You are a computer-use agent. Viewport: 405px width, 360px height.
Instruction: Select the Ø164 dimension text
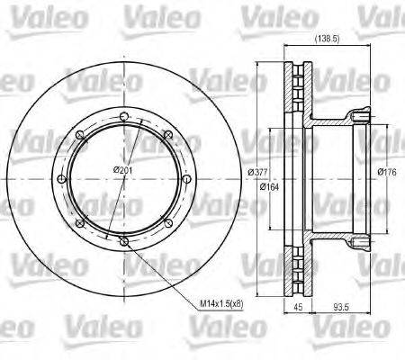pos(268,187)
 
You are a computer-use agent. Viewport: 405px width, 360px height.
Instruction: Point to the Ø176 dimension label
pos(387,172)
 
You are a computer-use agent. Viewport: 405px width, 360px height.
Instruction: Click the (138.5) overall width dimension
pos(326,39)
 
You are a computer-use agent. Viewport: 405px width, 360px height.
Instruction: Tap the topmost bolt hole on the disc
pos(123,115)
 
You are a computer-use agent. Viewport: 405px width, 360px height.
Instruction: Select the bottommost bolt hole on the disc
pos(123,241)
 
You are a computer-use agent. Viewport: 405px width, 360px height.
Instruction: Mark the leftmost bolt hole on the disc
pos(60,178)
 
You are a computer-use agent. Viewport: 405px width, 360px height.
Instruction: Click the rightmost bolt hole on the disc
pos(186,178)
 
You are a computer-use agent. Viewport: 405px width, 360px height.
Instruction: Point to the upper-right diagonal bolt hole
pos(167,134)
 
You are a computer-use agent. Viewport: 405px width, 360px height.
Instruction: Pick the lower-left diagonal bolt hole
pos(79,222)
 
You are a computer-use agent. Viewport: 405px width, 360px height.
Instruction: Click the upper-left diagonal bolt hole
pos(79,134)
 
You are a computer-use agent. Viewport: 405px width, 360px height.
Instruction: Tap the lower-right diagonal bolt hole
pos(167,222)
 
